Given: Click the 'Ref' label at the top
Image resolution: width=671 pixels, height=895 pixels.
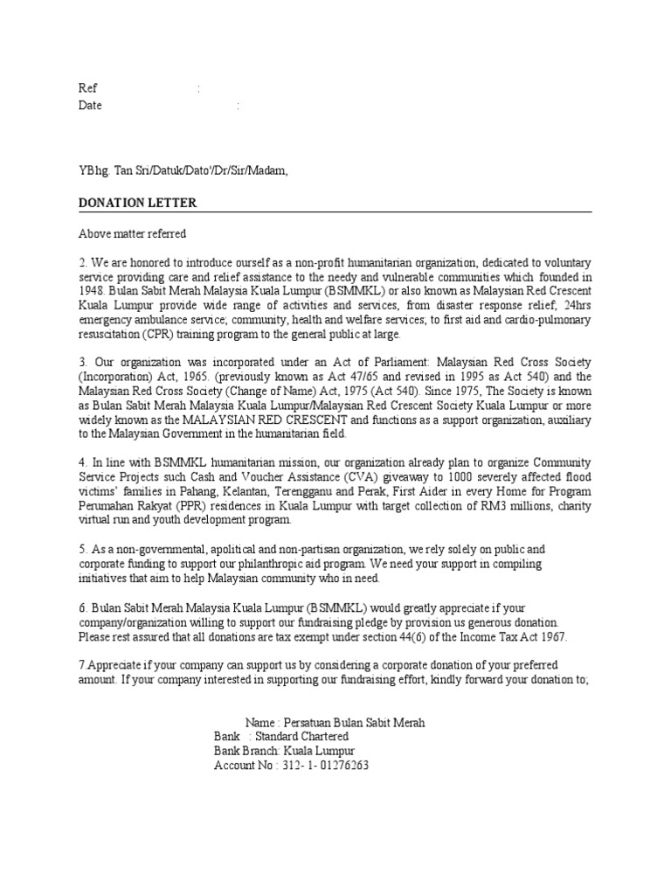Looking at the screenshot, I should click(x=87, y=88).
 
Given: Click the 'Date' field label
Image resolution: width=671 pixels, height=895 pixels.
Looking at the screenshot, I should click(x=90, y=105).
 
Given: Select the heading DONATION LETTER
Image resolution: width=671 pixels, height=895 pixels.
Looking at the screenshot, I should click(x=137, y=203).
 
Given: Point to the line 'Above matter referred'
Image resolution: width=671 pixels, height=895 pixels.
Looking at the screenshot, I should click(x=132, y=233).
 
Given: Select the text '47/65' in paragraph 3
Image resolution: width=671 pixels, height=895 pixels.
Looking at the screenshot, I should click(x=367, y=377).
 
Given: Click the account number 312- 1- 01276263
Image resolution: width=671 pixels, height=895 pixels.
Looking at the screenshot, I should click(x=325, y=766).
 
